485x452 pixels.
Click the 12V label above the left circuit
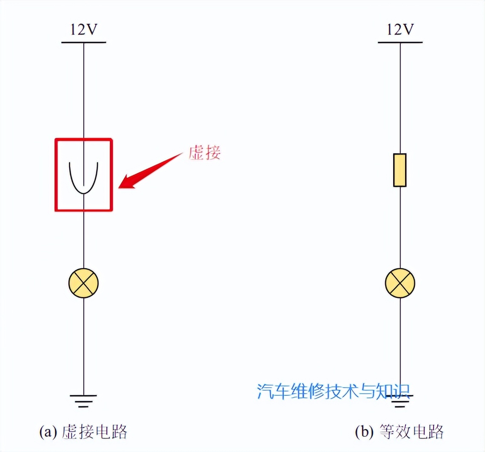(84, 29)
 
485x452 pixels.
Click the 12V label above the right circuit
(400, 29)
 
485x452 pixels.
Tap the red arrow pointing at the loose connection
(150, 171)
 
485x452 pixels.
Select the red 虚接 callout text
(205, 152)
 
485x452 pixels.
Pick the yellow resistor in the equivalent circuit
(399, 170)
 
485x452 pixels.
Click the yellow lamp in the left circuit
(83, 283)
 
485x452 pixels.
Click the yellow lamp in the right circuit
(400, 283)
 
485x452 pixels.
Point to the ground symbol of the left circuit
(83, 401)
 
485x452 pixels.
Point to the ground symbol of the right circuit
(400, 401)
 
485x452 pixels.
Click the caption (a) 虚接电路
(83, 432)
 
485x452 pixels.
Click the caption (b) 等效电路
(399, 432)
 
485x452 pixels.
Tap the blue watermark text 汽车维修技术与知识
(334, 392)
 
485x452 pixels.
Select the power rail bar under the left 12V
(83, 43)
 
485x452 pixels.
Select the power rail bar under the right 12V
(400, 43)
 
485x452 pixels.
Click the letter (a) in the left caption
(48, 432)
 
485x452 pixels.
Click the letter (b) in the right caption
(364, 432)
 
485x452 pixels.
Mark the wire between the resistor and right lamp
(400, 228)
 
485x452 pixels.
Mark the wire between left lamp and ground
(83, 346)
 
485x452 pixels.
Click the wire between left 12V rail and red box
(83, 91)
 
